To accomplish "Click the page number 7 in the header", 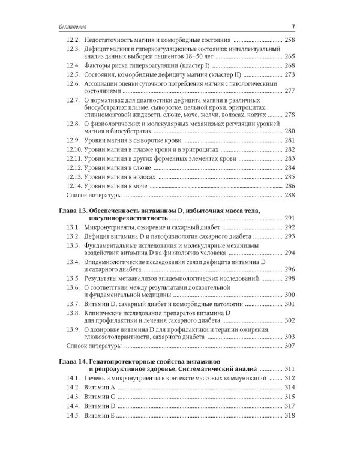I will click(292, 27).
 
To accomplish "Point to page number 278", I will click(290, 114).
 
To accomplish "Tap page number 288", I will click(290, 196).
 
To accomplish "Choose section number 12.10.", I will click(74, 150).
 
